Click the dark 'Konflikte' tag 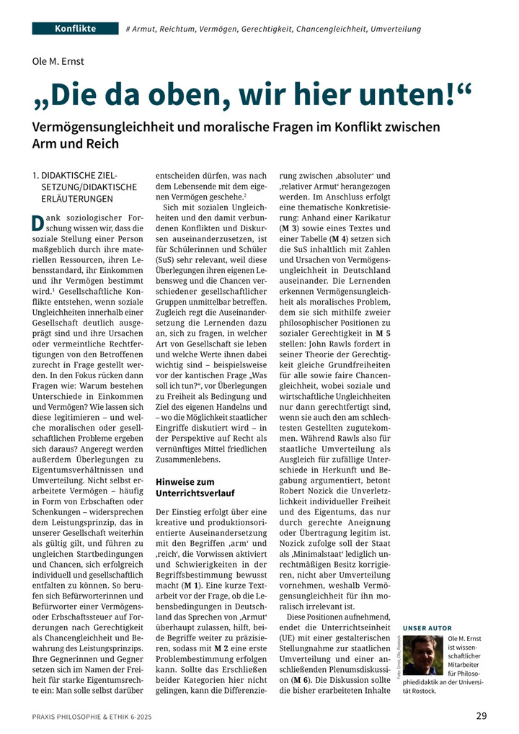(75, 29)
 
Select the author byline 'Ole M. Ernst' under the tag (58, 61)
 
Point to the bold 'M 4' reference (338, 238)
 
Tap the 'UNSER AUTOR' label (428, 628)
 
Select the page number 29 (482, 715)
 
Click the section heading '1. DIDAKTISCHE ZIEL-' (75, 176)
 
